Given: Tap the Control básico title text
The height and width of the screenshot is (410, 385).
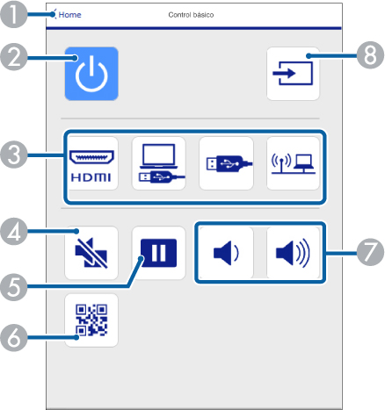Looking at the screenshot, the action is [191, 15].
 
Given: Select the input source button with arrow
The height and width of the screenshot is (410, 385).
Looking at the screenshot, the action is [293, 74].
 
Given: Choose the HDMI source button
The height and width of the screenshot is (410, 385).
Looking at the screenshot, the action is [91, 163].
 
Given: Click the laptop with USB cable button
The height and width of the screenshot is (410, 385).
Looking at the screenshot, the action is [158, 163].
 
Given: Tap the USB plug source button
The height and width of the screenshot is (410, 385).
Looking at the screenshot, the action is [226, 163].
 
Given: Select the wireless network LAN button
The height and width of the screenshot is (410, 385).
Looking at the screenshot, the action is [293, 163].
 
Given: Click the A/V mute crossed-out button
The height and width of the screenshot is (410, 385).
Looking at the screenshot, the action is [91, 253].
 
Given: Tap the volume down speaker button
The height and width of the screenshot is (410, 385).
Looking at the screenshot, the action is [226, 253].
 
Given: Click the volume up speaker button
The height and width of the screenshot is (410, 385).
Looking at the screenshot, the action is [293, 253].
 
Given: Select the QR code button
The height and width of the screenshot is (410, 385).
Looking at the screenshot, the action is [91, 320].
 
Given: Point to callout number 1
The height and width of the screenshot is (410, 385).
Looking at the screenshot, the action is [13, 14].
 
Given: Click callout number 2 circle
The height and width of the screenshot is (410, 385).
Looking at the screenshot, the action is [13, 57].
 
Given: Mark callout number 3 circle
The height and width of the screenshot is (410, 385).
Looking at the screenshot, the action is [13, 155].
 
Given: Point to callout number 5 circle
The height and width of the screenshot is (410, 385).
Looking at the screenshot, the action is [13, 287].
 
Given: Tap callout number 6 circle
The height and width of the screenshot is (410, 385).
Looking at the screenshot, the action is [13, 337].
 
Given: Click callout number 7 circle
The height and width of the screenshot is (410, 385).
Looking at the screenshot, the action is [370, 252].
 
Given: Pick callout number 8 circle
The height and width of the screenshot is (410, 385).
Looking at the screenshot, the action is [370, 55].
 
